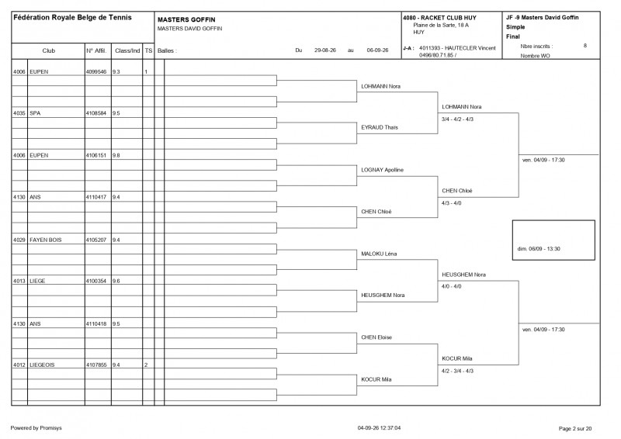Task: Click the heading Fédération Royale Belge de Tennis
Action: (72, 17)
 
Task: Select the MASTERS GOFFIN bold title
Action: (186, 19)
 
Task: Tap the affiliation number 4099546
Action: (96, 71)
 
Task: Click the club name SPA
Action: (35, 113)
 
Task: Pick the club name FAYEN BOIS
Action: (46, 240)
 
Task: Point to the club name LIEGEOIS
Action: (42, 365)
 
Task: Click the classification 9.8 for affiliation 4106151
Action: (116, 156)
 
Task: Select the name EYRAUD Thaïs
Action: (380, 127)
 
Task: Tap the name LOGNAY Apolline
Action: (382, 170)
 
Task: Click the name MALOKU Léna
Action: (379, 254)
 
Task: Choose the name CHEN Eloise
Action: (376, 337)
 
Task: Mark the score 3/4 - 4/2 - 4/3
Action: (457, 119)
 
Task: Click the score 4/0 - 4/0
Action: (452, 286)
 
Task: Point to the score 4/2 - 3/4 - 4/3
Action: (457, 371)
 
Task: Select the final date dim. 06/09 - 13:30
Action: (539, 249)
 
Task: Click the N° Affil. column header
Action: (96, 50)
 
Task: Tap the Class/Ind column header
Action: (127, 50)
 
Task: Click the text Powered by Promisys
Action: (36, 428)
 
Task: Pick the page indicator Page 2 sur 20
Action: (575, 428)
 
